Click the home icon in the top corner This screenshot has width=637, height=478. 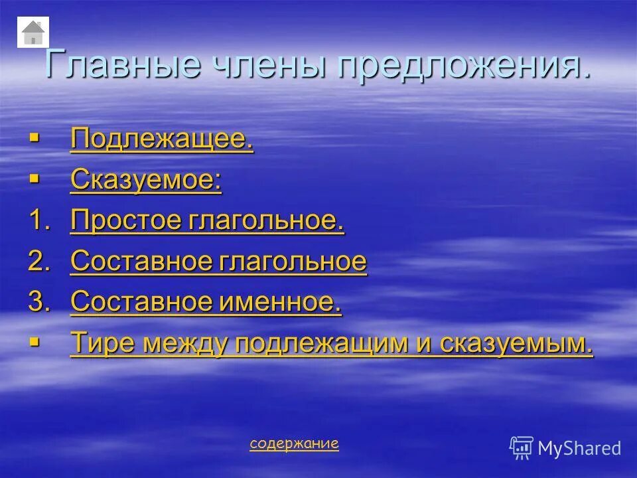tap(33, 32)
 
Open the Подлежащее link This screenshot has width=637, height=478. tap(162, 140)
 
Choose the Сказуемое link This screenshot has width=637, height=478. tap(146, 181)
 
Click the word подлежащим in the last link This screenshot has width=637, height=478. tap(321, 343)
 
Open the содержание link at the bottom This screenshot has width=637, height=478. tap(294, 443)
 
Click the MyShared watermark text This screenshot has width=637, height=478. tap(579, 448)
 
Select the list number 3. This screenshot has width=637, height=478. tap(38, 303)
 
